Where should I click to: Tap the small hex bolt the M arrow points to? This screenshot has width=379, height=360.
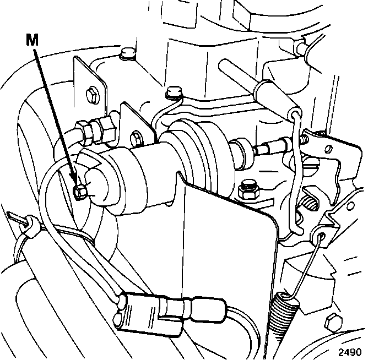coord(79,190)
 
